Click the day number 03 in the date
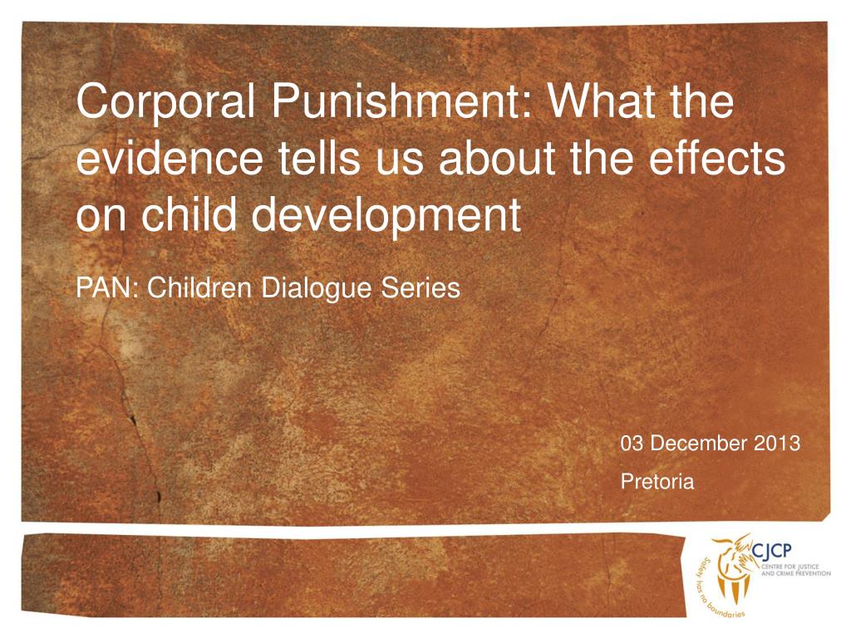point(632,444)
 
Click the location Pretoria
point(657,481)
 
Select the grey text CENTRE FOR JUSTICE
point(792,565)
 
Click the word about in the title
point(495,159)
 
